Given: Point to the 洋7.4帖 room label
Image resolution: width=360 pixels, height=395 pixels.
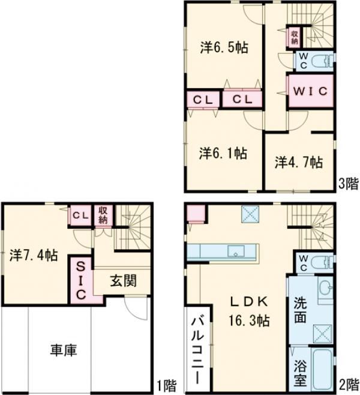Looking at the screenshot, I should [34, 255].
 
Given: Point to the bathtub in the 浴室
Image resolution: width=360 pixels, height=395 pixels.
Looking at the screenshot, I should [323, 368].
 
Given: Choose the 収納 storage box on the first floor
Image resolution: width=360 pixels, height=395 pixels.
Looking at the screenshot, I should [103, 215].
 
